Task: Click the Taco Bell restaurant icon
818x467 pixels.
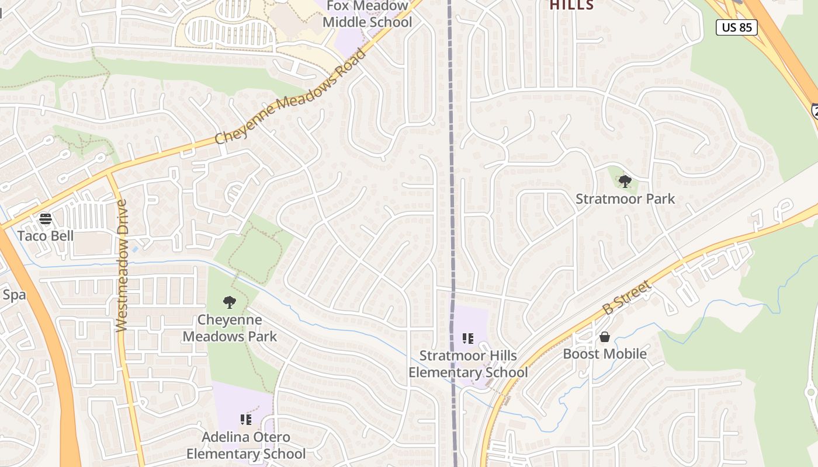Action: [x=46, y=219]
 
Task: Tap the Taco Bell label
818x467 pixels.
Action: [x=46, y=236]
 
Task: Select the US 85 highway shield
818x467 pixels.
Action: [x=737, y=27]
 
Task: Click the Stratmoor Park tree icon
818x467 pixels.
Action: [x=625, y=181]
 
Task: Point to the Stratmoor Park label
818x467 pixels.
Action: [x=625, y=199]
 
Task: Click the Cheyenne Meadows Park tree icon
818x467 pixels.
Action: [x=230, y=302]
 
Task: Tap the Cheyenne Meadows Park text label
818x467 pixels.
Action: [x=230, y=328]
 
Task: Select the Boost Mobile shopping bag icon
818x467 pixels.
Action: [x=605, y=337]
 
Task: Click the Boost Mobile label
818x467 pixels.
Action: [x=605, y=354]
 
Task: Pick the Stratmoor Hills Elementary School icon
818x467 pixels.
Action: [x=467, y=339]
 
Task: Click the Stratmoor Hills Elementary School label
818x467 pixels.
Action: [x=468, y=364]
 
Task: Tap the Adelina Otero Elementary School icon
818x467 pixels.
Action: [x=246, y=419]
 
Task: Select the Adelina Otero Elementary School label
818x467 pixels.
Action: [x=246, y=445]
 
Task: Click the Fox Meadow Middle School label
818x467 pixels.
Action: [x=368, y=15]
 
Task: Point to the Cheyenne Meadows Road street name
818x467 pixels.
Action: [x=290, y=97]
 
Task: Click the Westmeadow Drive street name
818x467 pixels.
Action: [x=122, y=266]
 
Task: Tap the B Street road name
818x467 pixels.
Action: [x=626, y=297]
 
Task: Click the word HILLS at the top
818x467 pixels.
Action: [x=571, y=6]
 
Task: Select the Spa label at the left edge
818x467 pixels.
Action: [x=14, y=295]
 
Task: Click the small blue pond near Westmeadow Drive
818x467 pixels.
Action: [x=136, y=249]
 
